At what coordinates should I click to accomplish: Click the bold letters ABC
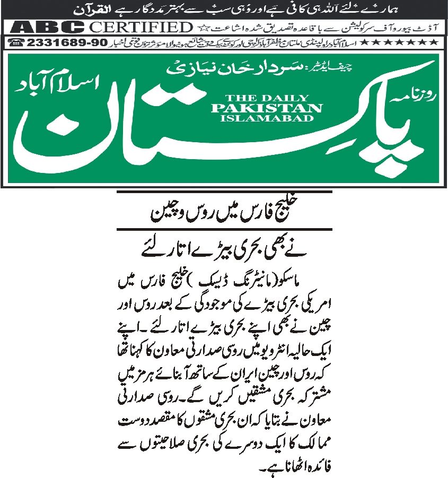47,27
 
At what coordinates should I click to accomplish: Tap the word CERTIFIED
140,27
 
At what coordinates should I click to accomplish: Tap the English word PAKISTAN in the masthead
266,108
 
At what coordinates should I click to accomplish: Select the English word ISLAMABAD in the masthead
266,118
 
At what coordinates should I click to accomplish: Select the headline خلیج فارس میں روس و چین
224,214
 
